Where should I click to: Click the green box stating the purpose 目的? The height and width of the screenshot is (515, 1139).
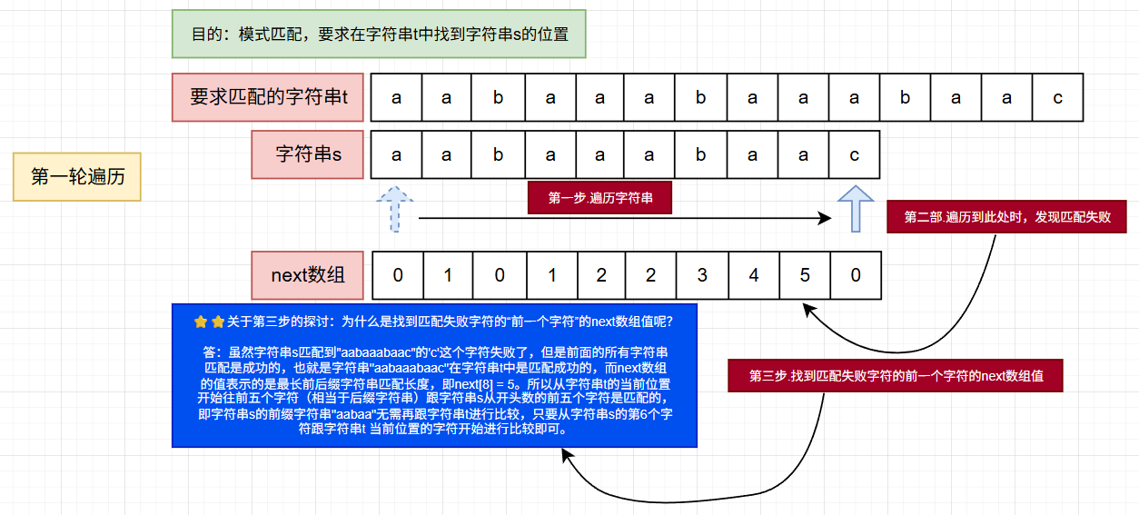[379, 35]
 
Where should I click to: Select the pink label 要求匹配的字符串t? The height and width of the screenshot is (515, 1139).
[268, 97]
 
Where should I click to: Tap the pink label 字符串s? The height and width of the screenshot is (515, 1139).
[308, 154]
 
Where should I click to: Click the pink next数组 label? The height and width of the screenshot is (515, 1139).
[308, 274]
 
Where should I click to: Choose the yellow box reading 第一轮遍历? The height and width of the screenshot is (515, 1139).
[77, 176]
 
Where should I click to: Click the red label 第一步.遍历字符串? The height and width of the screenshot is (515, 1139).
[599, 198]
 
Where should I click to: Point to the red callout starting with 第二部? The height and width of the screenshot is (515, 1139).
[1007, 217]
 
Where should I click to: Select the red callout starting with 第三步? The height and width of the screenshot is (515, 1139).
[895, 375]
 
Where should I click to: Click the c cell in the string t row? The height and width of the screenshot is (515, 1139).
[1057, 98]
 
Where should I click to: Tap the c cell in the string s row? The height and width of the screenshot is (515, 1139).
[854, 155]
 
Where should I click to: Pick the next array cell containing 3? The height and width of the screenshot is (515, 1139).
[701, 275]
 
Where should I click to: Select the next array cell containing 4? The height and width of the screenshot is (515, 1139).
[753, 275]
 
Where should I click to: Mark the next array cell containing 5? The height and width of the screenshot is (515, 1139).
[804, 275]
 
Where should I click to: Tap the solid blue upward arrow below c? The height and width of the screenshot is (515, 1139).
[855, 208]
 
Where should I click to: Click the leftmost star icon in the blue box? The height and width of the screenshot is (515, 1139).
[202, 321]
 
